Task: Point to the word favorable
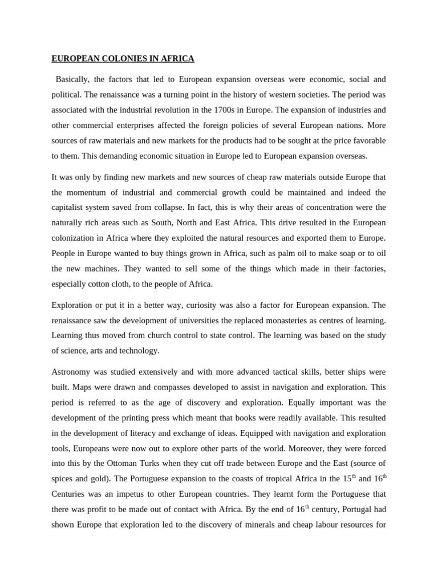tap(364, 140)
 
